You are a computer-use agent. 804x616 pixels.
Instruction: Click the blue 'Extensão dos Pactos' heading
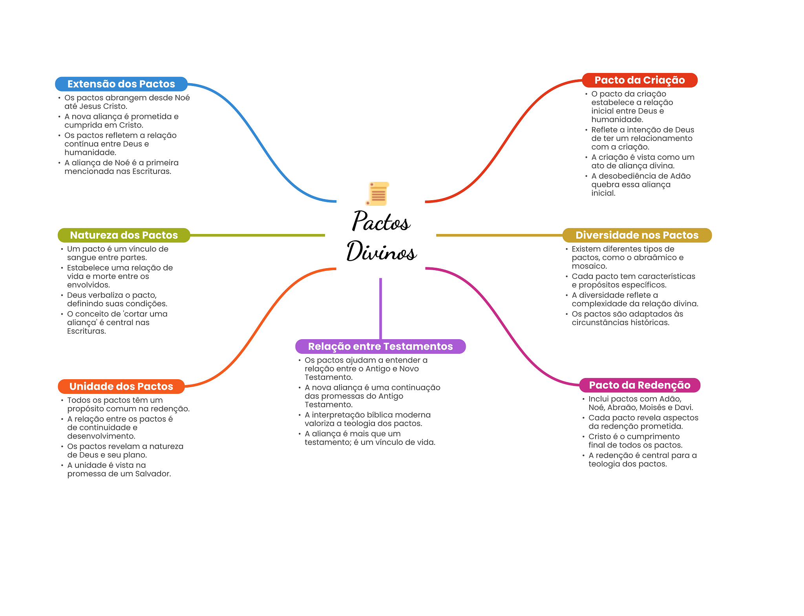(x=121, y=84)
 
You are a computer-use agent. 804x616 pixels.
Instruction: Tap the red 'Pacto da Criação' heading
(x=640, y=80)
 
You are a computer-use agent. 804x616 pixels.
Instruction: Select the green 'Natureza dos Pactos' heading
(x=124, y=235)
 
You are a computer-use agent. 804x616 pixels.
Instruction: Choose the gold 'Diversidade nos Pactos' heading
(x=637, y=235)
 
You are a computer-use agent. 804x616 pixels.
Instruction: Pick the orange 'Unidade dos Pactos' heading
(x=121, y=386)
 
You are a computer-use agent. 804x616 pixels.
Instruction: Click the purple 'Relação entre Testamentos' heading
(x=380, y=346)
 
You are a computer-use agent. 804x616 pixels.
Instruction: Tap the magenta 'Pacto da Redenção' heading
(x=640, y=385)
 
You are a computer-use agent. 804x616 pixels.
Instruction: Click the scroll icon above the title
(x=377, y=194)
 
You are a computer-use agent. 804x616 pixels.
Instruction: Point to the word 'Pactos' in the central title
(x=381, y=221)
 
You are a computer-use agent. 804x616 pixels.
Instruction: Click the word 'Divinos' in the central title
(x=381, y=251)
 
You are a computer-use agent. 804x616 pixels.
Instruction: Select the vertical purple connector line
(x=380, y=309)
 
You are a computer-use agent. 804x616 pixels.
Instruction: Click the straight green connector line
(x=258, y=235)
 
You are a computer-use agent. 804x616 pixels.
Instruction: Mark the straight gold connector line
(x=499, y=235)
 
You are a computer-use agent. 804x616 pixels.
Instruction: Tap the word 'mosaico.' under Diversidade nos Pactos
(x=589, y=266)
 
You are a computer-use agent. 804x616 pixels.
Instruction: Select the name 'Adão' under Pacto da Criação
(x=680, y=176)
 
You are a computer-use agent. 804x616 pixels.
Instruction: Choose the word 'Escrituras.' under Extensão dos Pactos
(x=152, y=172)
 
